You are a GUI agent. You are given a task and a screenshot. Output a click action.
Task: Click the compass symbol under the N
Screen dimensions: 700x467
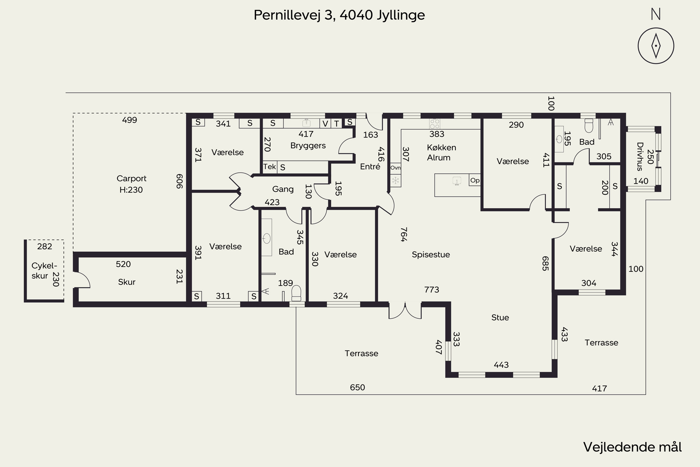point(656,46)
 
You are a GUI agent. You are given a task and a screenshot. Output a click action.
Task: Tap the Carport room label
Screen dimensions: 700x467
point(131,179)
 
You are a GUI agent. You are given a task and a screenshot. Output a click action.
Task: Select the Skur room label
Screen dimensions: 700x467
point(127,282)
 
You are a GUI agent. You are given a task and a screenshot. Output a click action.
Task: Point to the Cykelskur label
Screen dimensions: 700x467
point(44,271)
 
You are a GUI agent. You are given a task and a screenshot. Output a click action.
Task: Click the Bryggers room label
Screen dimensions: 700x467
point(308,146)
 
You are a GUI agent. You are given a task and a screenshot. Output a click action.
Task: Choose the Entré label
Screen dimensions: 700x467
point(370,167)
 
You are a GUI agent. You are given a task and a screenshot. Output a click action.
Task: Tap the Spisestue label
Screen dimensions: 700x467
point(431,255)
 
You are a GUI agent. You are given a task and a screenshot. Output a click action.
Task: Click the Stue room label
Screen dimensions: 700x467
point(500,317)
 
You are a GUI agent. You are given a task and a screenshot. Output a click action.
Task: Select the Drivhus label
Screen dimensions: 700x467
point(640,156)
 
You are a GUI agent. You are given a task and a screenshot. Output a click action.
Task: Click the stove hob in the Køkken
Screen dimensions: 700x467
point(435,124)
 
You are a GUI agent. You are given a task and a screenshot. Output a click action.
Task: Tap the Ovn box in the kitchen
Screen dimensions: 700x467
point(396,168)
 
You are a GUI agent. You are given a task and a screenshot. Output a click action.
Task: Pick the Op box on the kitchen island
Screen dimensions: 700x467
point(475,180)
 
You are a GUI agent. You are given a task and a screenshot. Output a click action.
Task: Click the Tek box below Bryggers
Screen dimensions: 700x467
point(270,167)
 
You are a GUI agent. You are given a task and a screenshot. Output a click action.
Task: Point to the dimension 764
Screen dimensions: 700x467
point(404,234)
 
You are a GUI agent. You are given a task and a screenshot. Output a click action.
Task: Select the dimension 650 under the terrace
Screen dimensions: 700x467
point(357,387)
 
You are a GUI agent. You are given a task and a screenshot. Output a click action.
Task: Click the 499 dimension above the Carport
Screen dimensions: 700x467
point(129,120)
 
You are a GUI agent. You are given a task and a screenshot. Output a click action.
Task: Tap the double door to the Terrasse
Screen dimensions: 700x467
point(405,310)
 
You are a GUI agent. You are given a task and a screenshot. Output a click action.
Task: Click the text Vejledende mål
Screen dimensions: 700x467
point(633,447)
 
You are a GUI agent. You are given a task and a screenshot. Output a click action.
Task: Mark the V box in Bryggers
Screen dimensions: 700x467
point(325,124)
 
